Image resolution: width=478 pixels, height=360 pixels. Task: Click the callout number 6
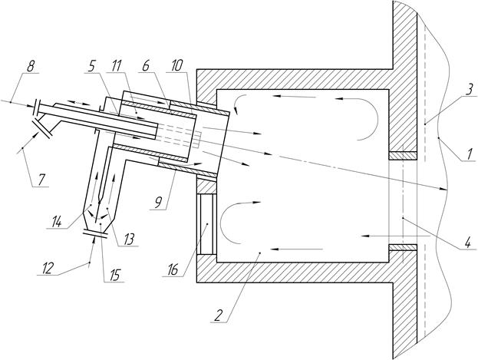coord(145,67)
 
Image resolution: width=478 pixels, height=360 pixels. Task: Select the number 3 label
coord(466,88)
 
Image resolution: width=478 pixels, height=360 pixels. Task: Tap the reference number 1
coord(468,154)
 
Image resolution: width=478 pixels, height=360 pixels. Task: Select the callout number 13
coord(126,238)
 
